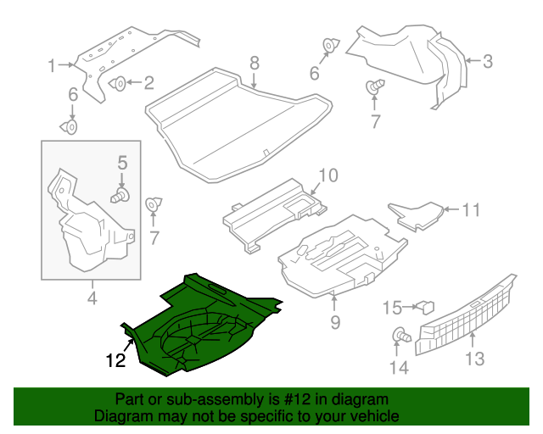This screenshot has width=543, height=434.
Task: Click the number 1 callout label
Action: (x=52, y=65)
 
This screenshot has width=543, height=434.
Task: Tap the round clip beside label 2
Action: (x=120, y=83)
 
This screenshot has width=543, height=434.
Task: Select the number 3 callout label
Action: (x=487, y=61)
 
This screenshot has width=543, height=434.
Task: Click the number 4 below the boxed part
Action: (x=92, y=298)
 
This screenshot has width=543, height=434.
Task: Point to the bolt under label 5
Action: (x=120, y=196)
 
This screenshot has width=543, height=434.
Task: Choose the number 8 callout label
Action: (x=253, y=63)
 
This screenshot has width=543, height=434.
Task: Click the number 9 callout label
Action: (x=334, y=321)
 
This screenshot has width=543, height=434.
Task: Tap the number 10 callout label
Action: (x=327, y=175)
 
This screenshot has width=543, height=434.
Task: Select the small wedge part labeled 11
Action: (x=416, y=215)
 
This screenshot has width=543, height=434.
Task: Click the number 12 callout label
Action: (x=115, y=360)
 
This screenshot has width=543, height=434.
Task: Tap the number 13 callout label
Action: (x=474, y=359)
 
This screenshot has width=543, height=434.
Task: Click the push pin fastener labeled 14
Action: (x=399, y=337)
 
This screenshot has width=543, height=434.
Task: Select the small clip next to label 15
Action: (x=426, y=306)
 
